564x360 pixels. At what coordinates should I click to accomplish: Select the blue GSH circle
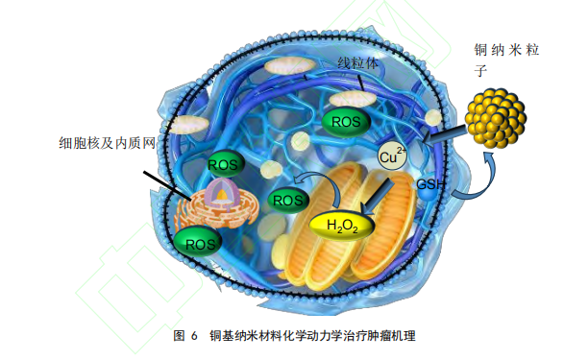pyautogui.click(x=427, y=182)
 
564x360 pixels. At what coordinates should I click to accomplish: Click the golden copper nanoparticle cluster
pyautogui.click(x=496, y=118)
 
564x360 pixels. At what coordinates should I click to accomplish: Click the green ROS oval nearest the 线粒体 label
pyautogui.click(x=345, y=121)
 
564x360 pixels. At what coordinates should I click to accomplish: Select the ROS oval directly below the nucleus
pyautogui.click(x=201, y=243)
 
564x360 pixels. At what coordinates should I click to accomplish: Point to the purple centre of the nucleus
pyautogui.click(x=221, y=198)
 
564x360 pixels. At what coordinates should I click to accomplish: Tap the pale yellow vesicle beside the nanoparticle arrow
pyautogui.click(x=434, y=116)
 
